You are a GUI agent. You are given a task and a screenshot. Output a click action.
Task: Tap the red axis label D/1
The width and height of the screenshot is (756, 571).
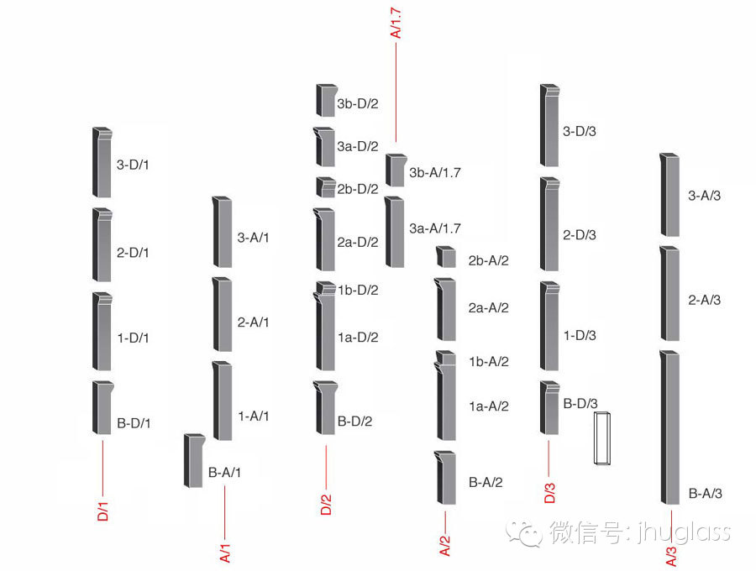pyautogui.click(x=103, y=511)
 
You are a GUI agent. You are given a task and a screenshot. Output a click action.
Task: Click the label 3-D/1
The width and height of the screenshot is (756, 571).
pyautogui.click(x=133, y=165)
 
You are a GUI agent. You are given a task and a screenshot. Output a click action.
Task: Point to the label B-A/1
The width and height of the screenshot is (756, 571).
pyautogui.click(x=224, y=473)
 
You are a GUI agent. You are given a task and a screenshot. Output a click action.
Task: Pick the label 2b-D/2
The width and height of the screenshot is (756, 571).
pyautogui.click(x=358, y=189)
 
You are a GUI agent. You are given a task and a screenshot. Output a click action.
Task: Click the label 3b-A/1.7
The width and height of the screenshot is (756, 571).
pyautogui.click(x=435, y=173)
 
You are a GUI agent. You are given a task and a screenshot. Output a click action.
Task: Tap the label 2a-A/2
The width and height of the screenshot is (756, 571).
pyautogui.click(x=489, y=308)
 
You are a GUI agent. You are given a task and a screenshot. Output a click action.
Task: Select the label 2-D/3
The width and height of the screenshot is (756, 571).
pyautogui.click(x=580, y=235)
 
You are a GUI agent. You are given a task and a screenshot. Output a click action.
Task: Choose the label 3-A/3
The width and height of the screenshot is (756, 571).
pyautogui.click(x=705, y=196)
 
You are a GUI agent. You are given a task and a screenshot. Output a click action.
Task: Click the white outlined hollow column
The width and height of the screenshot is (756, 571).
pyautogui.click(x=603, y=437)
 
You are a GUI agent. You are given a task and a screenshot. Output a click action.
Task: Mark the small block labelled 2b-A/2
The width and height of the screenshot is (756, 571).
pyautogui.click(x=445, y=257)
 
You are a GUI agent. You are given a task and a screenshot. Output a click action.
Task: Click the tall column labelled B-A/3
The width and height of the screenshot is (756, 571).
pyautogui.click(x=670, y=428)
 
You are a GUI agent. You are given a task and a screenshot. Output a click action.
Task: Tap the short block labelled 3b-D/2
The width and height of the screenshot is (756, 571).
pyautogui.click(x=326, y=100)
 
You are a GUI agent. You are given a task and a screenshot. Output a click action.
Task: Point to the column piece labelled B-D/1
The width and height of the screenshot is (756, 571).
pyautogui.click(x=102, y=407)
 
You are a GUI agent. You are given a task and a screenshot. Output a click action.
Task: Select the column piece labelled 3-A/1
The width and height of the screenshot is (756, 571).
pyautogui.click(x=223, y=232)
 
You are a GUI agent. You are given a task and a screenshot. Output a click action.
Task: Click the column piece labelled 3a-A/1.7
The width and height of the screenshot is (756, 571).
pyautogui.click(x=395, y=232)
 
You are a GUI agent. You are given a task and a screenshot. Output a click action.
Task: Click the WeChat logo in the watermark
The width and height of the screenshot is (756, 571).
pyautogui.click(x=529, y=532)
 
